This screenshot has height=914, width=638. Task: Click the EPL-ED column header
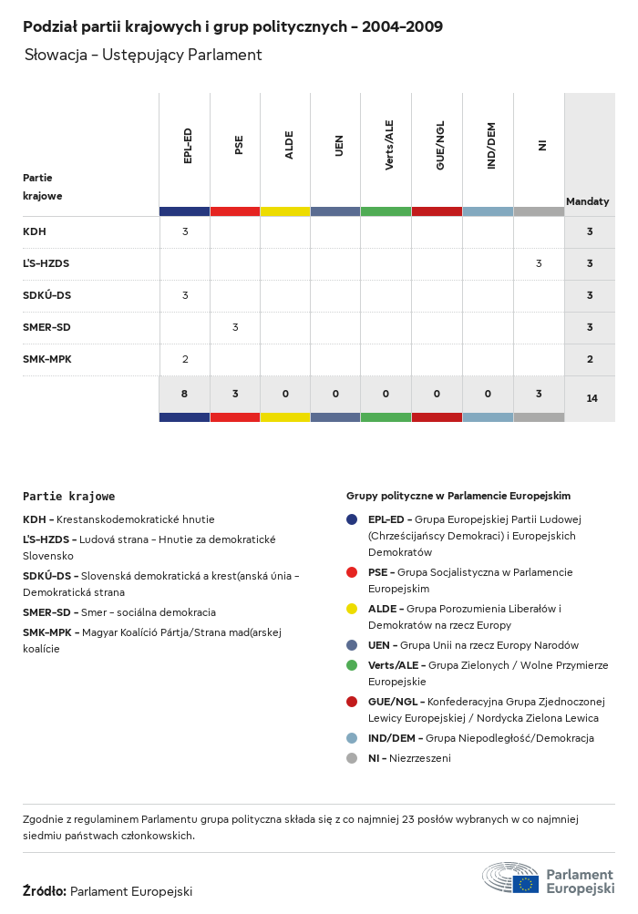point(188,146)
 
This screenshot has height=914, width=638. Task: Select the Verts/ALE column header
point(389,145)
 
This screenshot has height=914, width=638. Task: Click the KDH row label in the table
point(35,231)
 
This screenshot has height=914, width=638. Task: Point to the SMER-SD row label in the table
point(46,327)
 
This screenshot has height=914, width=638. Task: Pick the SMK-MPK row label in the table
point(47,359)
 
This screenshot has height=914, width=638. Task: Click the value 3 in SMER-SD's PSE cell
point(235,327)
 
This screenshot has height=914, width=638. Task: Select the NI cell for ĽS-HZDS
point(539,263)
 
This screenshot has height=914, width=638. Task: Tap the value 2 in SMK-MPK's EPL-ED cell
point(185,359)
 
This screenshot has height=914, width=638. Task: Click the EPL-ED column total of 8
point(184,394)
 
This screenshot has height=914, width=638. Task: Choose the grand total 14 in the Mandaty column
point(592,398)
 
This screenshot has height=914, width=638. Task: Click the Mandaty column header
point(588,201)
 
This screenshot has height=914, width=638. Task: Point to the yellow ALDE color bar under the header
point(284,211)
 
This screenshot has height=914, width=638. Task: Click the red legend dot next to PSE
point(352,572)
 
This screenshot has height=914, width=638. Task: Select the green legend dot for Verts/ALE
point(352,665)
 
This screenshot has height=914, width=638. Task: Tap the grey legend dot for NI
point(352,758)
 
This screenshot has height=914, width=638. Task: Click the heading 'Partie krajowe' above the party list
point(69,497)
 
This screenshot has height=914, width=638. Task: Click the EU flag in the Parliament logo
point(525,883)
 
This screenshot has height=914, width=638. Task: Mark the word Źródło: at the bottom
point(45,891)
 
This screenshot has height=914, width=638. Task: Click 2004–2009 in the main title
point(402,26)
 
